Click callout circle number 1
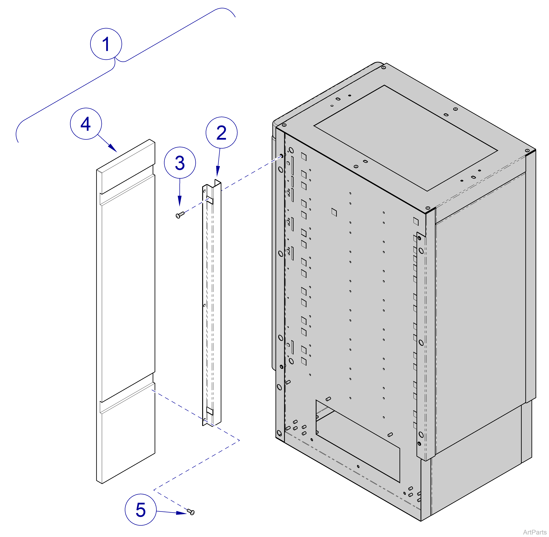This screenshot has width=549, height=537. coord(106,44)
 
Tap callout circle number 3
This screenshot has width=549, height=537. coord(180,163)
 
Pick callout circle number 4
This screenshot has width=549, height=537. coord(86,124)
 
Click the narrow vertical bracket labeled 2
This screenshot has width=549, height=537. coord(212,305)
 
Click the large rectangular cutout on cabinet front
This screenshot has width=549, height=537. coord(358,440)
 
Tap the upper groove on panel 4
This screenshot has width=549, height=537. coord(127,184)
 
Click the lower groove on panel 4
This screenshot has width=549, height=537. coord(127,392)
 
